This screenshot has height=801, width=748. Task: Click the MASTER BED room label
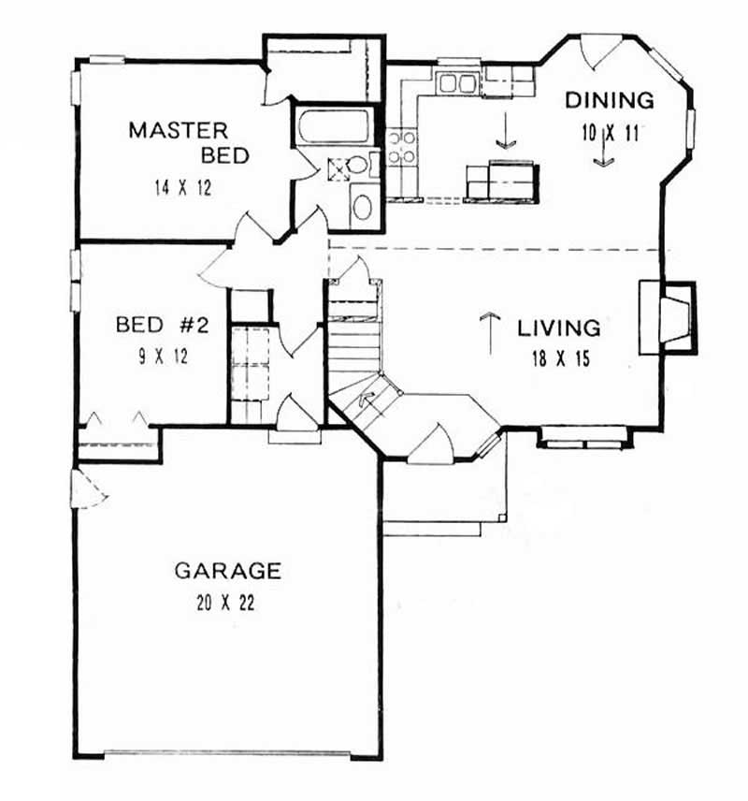[189, 141]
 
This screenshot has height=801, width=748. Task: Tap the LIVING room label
[558, 328]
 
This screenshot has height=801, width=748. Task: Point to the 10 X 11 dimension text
[610, 132]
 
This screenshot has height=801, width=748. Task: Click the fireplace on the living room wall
[669, 317]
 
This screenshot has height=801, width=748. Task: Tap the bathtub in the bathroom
[333, 126]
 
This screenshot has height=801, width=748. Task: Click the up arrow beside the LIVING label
[486, 331]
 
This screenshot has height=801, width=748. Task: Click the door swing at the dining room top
[598, 52]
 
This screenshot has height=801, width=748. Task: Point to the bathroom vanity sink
[361, 206]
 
